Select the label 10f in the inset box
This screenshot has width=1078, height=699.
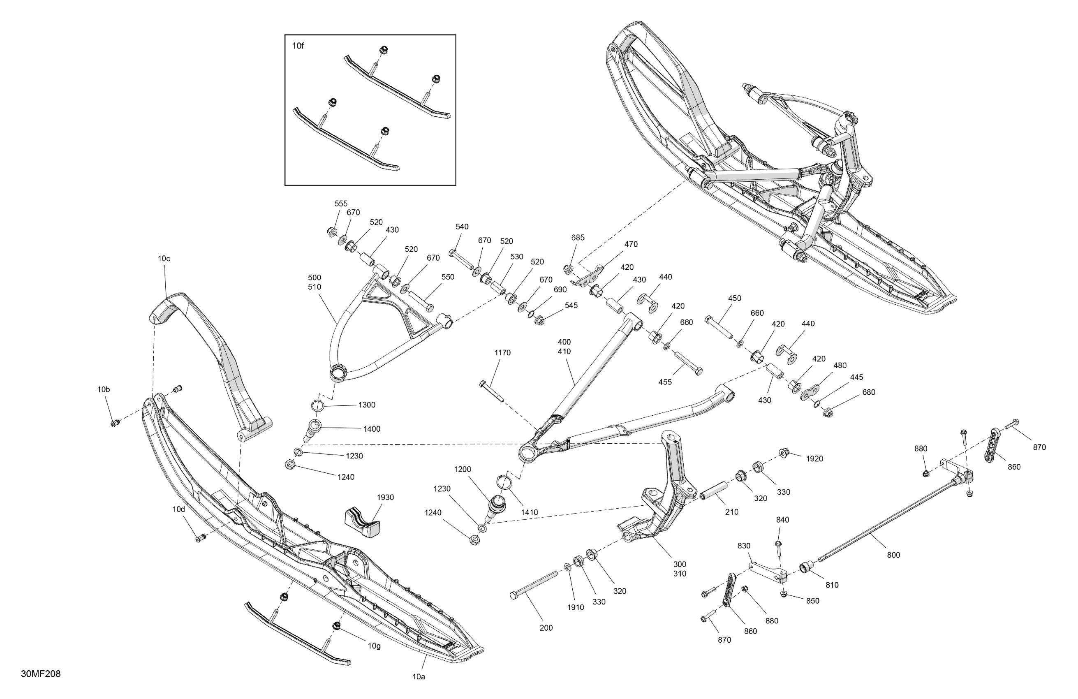[x=298, y=46]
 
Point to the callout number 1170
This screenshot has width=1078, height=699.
[x=502, y=352]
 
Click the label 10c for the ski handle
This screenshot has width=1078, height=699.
[x=164, y=259]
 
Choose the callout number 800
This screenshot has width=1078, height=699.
[x=893, y=555]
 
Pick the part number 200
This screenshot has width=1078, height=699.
[x=546, y=628]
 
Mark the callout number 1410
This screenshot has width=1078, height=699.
[x=529, y=512]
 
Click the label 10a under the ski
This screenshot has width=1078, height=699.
[x=419, y=677]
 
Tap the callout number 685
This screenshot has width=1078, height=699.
[x=578, y=237]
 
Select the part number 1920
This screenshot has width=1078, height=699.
[x=814, y=458]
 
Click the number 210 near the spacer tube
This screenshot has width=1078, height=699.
[x=731, y=512]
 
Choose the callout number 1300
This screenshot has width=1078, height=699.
[x=366, y=405]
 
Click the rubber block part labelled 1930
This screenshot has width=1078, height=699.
[x=362, y=524]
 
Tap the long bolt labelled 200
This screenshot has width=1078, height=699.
[x=534, y=585]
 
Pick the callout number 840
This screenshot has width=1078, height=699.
[x=782, y=520]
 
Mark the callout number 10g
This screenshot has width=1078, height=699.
[x=374, y=646]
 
